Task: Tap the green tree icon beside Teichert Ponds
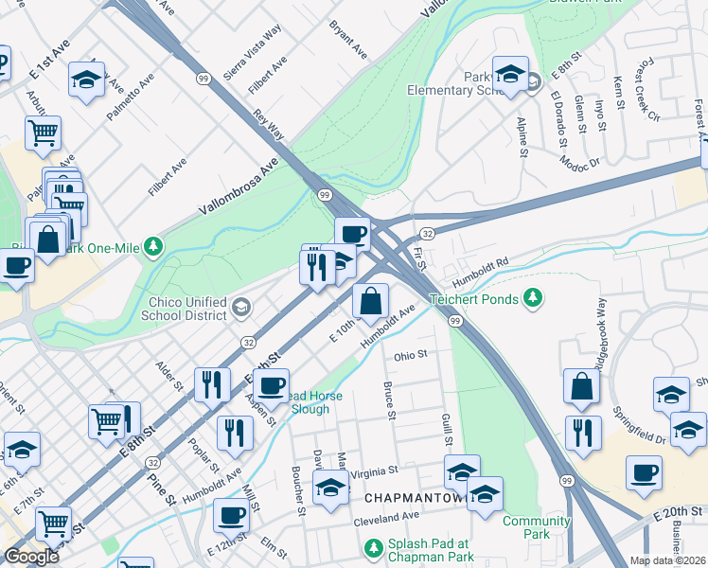pos(534,299)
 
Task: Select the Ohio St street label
pos(411,354)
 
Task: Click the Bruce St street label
pos(388,399)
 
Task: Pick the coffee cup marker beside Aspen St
pos(272,385)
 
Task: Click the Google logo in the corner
pos(31,557)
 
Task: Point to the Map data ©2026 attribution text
pos(668,560)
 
